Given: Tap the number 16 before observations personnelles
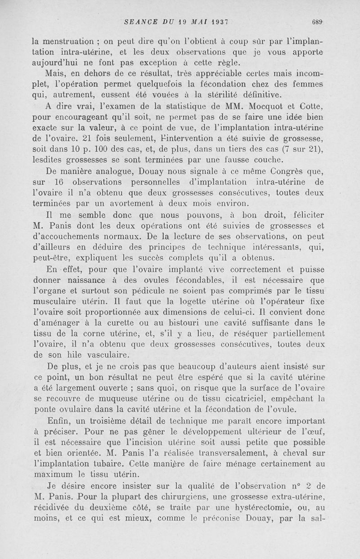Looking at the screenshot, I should tap(60, 182).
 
